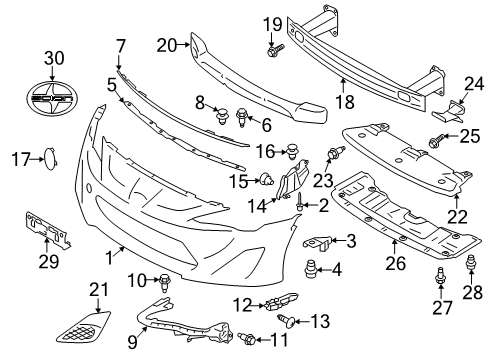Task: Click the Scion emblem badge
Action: pyautogui.click(x=52, y=97)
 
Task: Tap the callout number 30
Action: pyautogui.click(x=55, y=58)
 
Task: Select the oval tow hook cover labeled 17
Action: pyautogui.click(x=51, y=159)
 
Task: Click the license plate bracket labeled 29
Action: pyautogui.click(x=47, y=230)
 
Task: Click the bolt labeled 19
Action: pyautogui.click(x=275, y=50)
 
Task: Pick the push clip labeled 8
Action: pyautogui.click(x=222, y=116)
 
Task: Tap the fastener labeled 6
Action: pyautogui.click(x=241, y=117)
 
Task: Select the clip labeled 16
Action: pyautogui.click(x=293, y=152)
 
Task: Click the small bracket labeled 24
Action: pyautogui.click(x=448, y=111)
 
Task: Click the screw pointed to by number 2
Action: pyautogui.click(x=299, y=201)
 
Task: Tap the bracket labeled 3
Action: pyautogui.click(x=317, y=243)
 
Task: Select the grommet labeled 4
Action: pyautogui.click(x=310, y=269)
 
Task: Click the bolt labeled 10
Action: pyautogui.click(x=164, y=283)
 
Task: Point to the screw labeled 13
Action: pyautogui.click(x=286, y=321)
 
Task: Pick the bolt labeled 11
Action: pyautogui.click(x=247, y=338)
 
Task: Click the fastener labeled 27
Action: pyautogui.click(x=440, y=276)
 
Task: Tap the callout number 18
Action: pyautogui.click(x=345, y=101)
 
